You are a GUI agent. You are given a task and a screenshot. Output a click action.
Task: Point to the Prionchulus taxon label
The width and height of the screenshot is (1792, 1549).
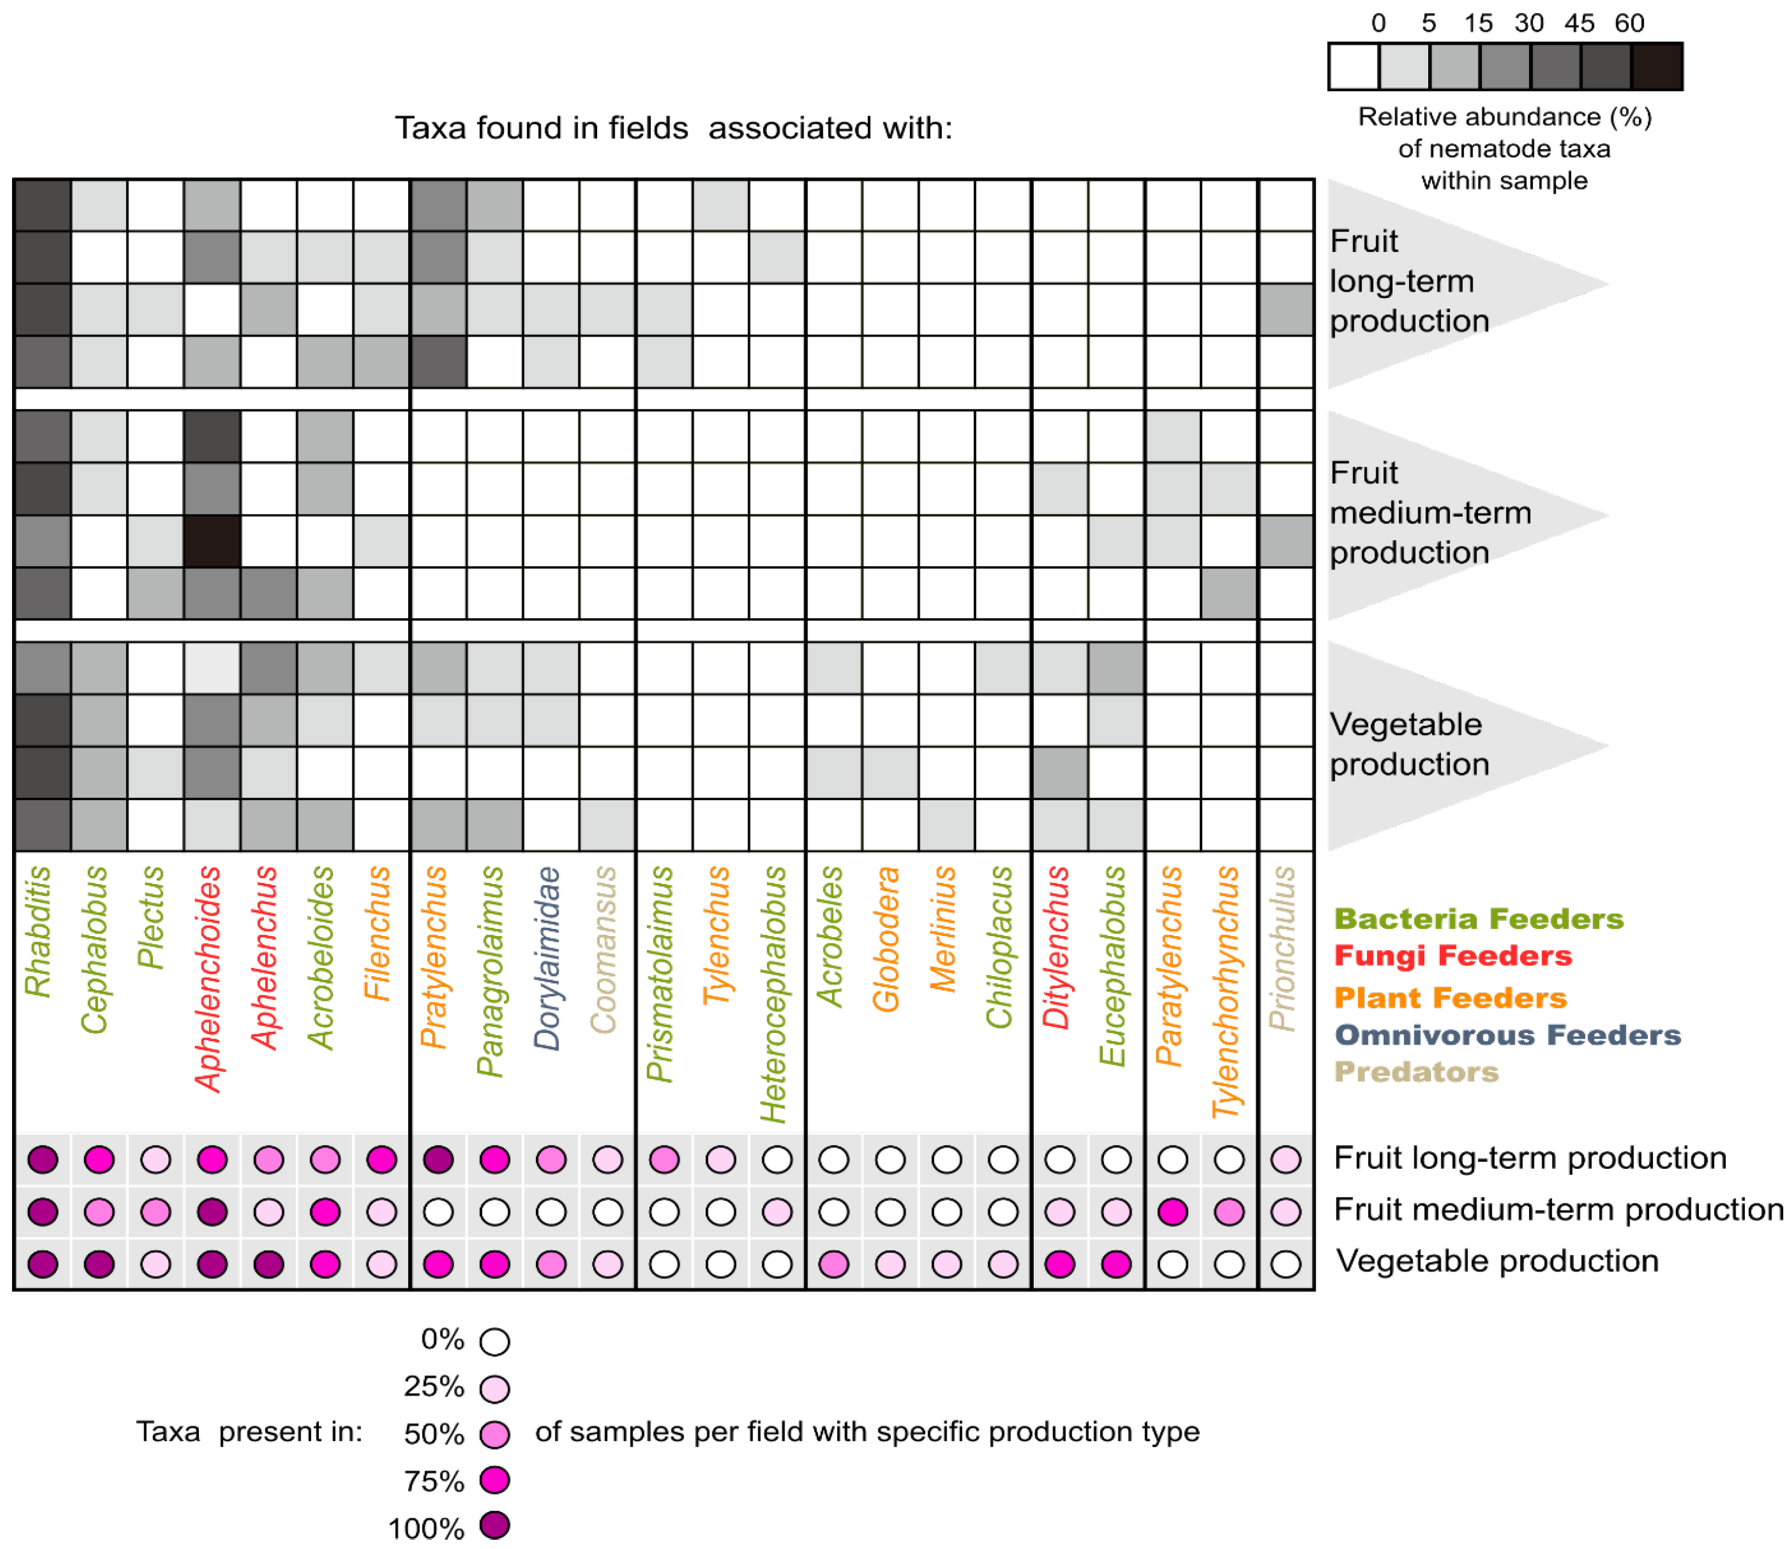coord(1284,948)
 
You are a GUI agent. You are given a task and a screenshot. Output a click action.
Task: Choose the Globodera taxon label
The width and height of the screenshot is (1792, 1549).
coord(886,939)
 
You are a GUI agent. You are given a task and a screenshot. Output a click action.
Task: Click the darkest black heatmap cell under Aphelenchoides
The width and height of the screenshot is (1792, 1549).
coord(212,541)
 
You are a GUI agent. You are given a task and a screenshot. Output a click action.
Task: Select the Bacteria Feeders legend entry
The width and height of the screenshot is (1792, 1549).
coord(1478,919)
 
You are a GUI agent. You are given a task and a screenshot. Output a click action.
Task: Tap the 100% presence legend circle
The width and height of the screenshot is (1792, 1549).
coord(495,1525)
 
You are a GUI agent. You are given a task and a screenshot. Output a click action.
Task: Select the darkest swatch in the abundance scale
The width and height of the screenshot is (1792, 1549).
coord(1656,67)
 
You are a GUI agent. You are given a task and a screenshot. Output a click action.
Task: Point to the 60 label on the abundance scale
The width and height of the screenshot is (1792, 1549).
coord(1629,24)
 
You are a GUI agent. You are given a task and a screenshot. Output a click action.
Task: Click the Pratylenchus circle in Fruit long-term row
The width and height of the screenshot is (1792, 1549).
coord(438,1160)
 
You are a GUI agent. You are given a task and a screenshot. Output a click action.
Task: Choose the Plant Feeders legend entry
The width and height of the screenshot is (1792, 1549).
coord(1450,997)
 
